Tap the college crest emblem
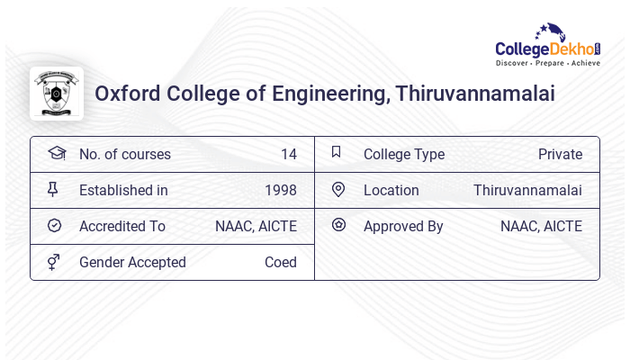pyautogui.click(x=56, y=94)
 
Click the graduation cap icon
pyautogui.click(x=56, y=153)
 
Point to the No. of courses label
pyautogui.click(x=124, y=154)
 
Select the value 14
pyautogui.click(x=288, y=154)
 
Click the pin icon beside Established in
pyautogui.click(x=53, y=189)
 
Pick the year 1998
pyautogui.click(x=281, y=190)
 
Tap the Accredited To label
pyautogui.click(x=121, y=226)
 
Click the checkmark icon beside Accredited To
pyautogui.click(x=54, y=226)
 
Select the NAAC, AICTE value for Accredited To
pyautogui.click(x=256, y=226)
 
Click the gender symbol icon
pyautogui.click(x=54, y=262)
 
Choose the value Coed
pyautogui.click(x=280, y=262)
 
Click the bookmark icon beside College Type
pyautogui.click(x=336, y=152)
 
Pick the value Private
pyautogui.click(x=560, y=154)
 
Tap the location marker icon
pyautogui.click(x=337, y=189)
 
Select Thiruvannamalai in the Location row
pyautogui.click(x=527, y=190)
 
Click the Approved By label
pyautogui.click(x=403, y=226)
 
